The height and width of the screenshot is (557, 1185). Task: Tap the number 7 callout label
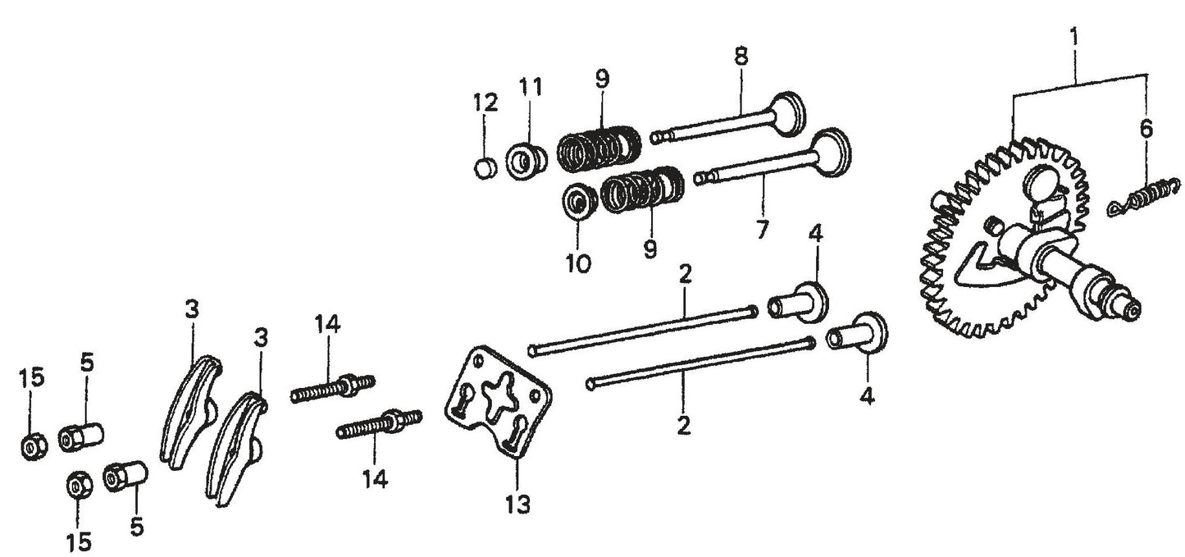[x=763, y=230]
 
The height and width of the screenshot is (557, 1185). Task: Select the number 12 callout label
[x=485, y=103]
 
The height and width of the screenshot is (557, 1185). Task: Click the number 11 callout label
[x=530, y=86]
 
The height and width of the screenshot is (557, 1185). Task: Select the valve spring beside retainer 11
[x=599, y=148]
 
